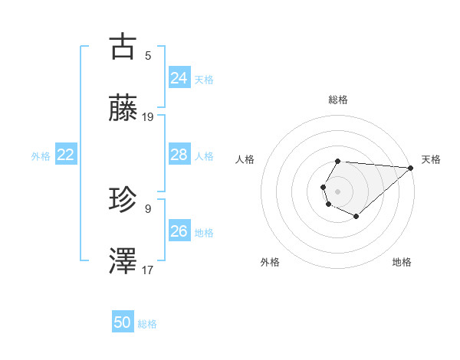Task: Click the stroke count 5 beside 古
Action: (148, 55)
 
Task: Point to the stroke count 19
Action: (148, 116)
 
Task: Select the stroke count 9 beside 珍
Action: (148, 208)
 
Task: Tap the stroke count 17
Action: (148, 270)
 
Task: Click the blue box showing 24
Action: (179, 77)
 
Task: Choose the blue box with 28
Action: (179, 155)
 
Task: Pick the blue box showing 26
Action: (179, 231)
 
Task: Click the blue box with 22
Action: (65, 155)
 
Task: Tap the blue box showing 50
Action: (122, 322)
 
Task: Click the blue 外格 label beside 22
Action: (41, 156)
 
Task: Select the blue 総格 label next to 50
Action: (147, 324)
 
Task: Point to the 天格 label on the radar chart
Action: (431, 159)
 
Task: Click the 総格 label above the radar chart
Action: (337, 100)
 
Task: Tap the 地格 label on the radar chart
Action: (402, 262)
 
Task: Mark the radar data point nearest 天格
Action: (411, 168)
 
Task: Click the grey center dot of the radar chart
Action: (337, 191)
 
